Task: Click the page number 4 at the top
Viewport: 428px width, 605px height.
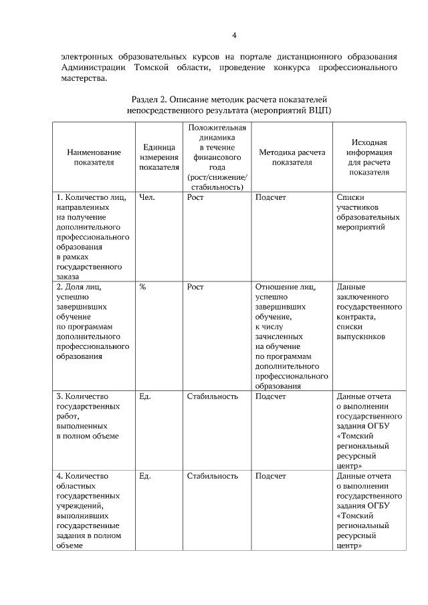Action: pos(234,35)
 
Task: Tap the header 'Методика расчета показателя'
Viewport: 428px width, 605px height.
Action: pos(292,157)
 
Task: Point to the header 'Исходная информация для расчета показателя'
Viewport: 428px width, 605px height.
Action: pos(369,157)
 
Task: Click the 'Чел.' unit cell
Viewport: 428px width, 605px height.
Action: pos(147,197)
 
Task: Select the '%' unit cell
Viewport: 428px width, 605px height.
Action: pos(142,287)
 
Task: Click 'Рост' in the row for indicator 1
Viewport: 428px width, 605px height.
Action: pos(195,197)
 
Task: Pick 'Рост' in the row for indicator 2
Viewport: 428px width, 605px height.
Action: pos(195,287)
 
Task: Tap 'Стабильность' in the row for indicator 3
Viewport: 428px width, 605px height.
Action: pos(213,396)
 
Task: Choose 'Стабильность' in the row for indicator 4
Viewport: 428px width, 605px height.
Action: pos(213,476)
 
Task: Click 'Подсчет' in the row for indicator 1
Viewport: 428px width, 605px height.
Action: pos(271,197)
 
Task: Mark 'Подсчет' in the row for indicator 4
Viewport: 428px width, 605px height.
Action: pos(271,476)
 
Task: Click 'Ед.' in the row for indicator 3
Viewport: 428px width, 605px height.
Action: pos(145,396)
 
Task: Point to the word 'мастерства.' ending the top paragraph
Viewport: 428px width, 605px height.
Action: pos(84,78)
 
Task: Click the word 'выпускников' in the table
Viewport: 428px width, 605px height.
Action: pos(361,337)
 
